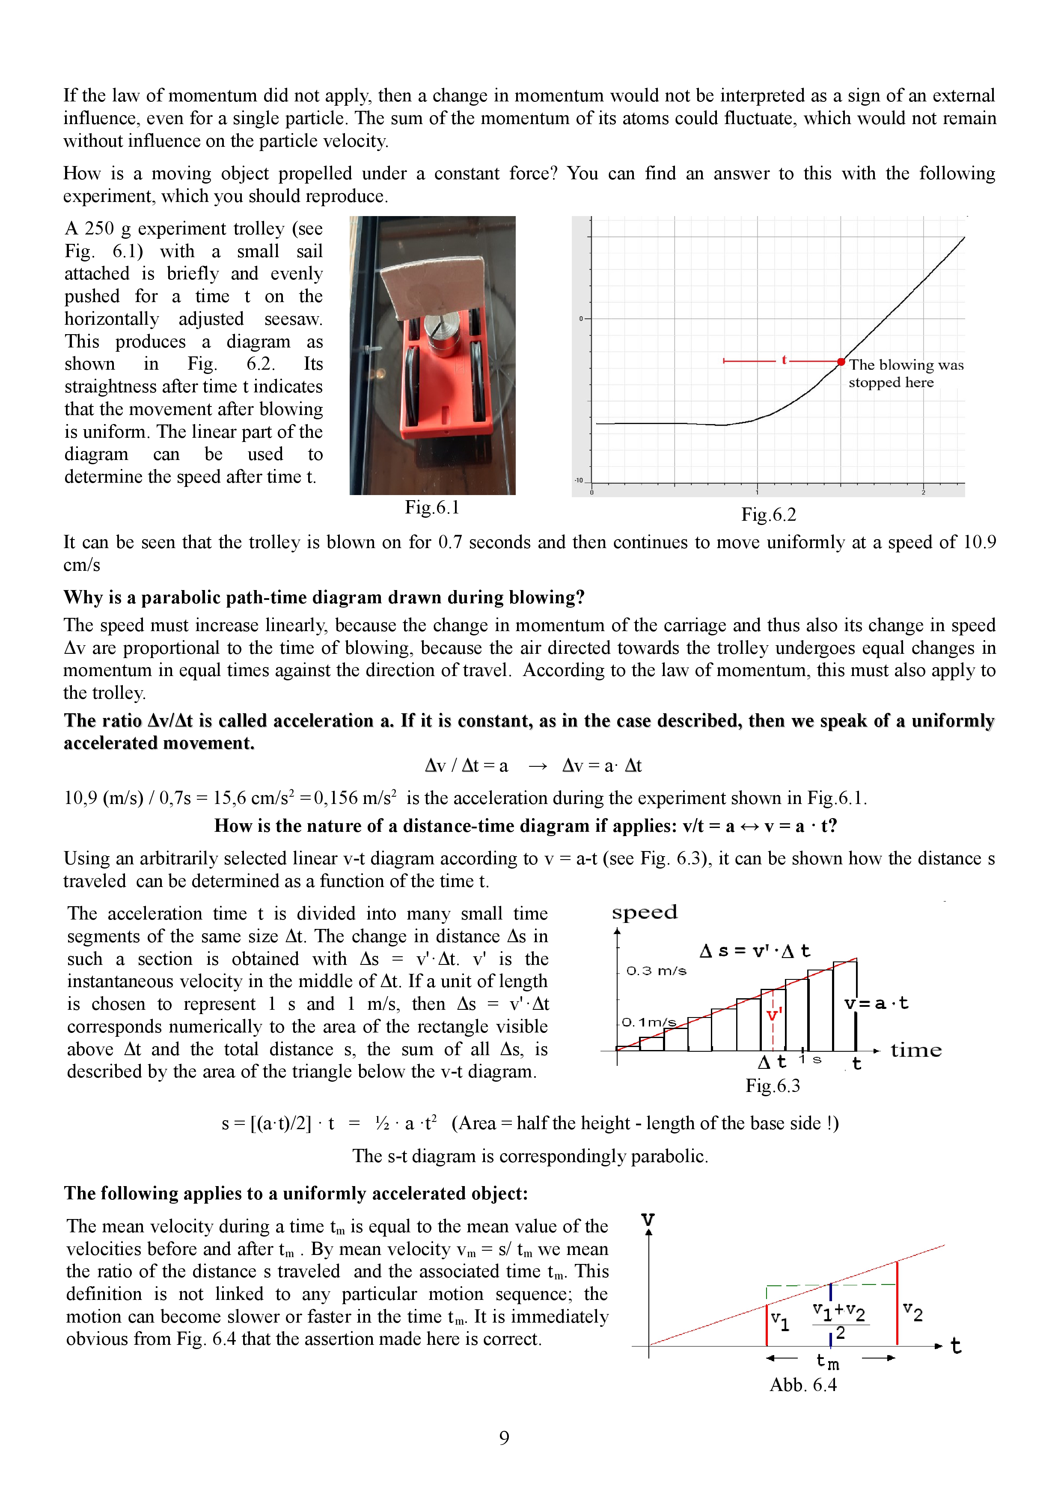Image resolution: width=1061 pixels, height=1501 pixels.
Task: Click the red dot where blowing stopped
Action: coord(841,362)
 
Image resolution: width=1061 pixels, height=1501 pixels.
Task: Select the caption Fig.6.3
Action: coord(772,1086)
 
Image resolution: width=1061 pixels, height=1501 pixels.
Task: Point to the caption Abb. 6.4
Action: coord(803,1385)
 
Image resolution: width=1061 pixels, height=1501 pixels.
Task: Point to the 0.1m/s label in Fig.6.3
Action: coord(648,1022)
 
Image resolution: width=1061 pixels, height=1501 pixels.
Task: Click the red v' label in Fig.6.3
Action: coord(774,1015)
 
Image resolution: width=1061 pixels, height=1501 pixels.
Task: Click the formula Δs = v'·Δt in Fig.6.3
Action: coord(755,951)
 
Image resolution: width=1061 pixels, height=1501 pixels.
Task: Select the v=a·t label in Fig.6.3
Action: coord(876,1003)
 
